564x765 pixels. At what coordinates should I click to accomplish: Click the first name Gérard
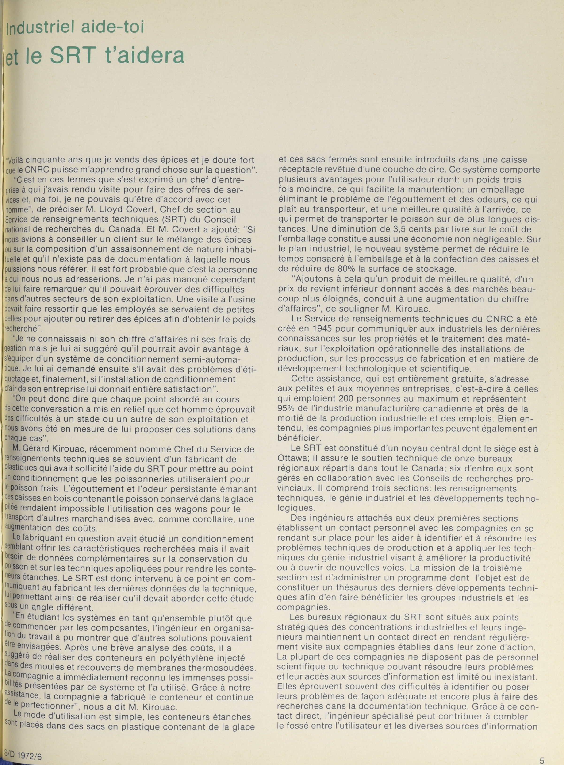pos(40,449)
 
